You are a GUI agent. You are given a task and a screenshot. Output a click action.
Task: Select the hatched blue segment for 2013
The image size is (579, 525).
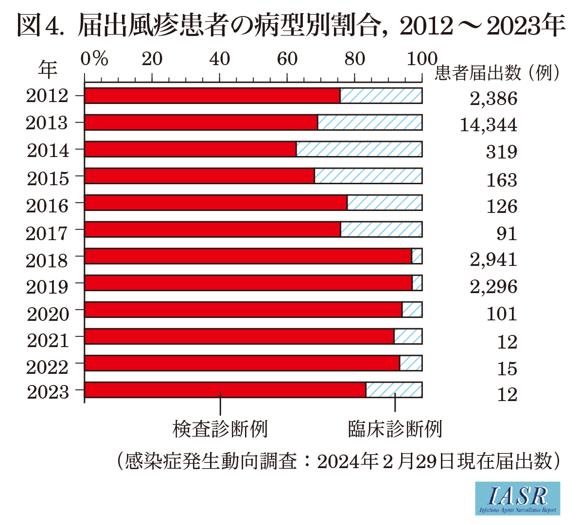click(369, 122)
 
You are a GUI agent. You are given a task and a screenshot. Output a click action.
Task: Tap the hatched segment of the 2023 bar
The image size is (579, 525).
click(394, 390)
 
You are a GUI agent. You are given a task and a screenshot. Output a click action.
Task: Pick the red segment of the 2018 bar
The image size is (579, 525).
click(248, 256)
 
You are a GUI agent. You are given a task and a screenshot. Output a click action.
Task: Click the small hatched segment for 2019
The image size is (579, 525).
click(417, 283)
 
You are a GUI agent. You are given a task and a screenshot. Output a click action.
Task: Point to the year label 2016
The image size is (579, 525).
click(47, 206)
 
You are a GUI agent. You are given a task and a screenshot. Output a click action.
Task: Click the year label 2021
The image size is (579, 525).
click(48, 340)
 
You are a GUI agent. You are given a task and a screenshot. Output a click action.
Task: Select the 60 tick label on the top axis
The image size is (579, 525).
click(287, 59)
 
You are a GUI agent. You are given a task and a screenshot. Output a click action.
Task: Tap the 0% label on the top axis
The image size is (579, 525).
click(94, 59)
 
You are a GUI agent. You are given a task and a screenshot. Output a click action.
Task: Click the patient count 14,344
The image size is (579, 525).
click(488, 125)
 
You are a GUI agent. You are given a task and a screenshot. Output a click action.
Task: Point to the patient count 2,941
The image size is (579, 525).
click(493, 260)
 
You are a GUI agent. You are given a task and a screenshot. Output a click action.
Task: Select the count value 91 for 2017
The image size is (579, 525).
click(506, 234)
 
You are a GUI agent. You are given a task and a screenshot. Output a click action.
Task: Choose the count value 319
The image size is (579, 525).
click(501, 152)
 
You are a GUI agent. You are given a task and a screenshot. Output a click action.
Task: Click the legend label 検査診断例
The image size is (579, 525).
click(220, 429)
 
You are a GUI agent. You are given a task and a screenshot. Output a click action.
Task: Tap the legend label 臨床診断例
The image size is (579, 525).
click(395, 429)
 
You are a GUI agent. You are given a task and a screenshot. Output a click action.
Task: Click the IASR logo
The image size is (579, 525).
click(517, 498)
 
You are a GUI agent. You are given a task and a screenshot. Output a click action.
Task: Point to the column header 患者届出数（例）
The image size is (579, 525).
click(498, 73)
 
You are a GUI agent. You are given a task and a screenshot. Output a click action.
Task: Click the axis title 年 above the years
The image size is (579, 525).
click(48, 69)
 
